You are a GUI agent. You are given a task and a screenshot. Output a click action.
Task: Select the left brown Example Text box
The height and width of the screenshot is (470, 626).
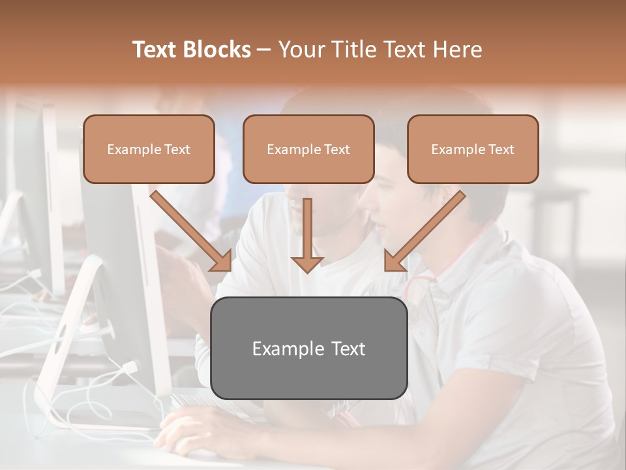pyautogui.click(x=149, y=149)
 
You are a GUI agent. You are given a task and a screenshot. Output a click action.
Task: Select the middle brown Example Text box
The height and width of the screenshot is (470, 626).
pyautogui.click(x=308, y=149)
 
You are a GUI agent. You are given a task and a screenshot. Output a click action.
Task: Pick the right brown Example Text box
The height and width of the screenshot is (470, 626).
pyautogui.click(x=473, y=149)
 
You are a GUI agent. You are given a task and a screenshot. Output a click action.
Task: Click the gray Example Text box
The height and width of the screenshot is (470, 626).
pyautogui.click(x=308, y=348)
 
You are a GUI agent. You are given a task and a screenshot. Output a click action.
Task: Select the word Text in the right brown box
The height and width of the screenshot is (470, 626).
pyautogui.click(x=501, y=149)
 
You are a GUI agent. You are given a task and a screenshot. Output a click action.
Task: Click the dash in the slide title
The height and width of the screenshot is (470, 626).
pyautogui.click(x=264, y=50)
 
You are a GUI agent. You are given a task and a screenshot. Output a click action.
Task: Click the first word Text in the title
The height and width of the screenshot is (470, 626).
pyautogui.click(x=155, y=50)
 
